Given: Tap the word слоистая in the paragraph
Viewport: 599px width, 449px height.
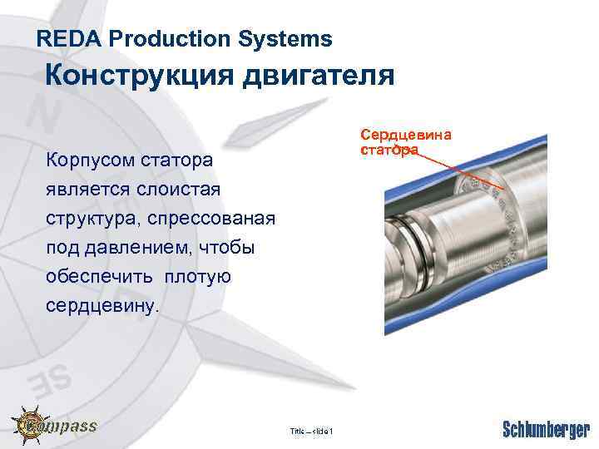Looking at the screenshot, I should click(183, 189).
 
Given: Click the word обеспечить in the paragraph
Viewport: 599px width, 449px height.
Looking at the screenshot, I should click(100, 277).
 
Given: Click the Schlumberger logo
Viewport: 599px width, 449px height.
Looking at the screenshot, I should click(546, 430).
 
